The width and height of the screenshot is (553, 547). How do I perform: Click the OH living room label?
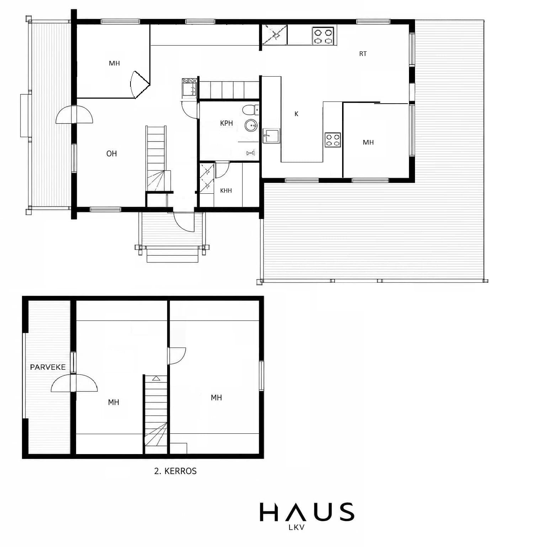point(112,153)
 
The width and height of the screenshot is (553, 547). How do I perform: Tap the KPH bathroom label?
point(226,123)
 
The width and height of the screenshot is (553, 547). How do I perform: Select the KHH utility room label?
point(226,191)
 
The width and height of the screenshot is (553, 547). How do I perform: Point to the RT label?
point(363,54)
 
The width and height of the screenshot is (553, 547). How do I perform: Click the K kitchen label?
point(296,114)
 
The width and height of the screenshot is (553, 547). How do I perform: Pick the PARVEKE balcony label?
point(48,367)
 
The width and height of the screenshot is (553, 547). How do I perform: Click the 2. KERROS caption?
point(175,471)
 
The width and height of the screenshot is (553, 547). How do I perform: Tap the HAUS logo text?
point(307,512)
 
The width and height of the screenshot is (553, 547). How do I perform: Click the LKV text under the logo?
point(297,527)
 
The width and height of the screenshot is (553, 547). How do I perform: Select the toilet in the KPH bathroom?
point(250,110)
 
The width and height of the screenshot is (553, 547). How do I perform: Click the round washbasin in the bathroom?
point(251,125)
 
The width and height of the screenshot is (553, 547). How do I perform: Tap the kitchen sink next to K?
point(271,136)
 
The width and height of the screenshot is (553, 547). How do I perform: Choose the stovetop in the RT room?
point(323,36)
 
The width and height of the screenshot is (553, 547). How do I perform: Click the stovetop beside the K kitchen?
point(333,140)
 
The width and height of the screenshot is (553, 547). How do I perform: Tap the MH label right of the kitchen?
point(368,142)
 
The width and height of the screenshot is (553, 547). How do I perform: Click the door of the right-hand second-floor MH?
point(177,356)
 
